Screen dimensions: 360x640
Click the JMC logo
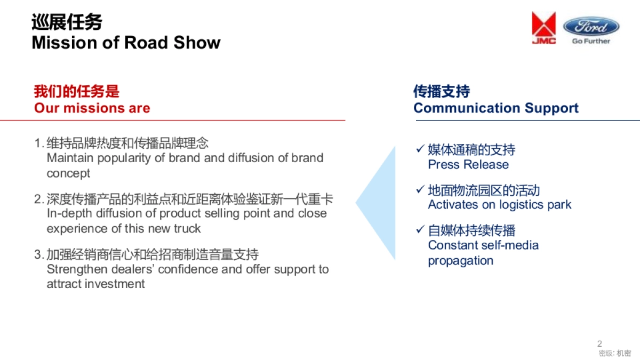[x=543, y=28]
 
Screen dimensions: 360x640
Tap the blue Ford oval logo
[x=591, y=26]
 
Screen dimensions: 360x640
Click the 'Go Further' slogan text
[x=591, y=41]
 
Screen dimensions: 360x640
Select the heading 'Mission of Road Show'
[x=126, y=43]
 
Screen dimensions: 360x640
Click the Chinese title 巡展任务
[x=67, y=22]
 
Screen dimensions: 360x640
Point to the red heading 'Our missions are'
[x=92, y=108]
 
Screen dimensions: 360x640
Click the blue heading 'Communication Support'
[x=495, y=108]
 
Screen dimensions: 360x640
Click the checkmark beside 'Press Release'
[x=420, y=149]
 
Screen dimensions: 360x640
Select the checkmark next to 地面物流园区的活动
[x=420, y=189]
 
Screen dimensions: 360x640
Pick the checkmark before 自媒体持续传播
[x=420, y=229]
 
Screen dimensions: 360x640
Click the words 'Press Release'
[x=468, y=164]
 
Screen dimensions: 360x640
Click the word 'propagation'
[x=460, y=261]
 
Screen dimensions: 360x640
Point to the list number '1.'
[x=39, y=143]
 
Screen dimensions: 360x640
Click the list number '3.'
[x=39, y=255]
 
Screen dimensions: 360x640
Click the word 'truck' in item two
[x=187, y=229]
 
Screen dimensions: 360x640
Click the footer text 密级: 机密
[x=615, y=353]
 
